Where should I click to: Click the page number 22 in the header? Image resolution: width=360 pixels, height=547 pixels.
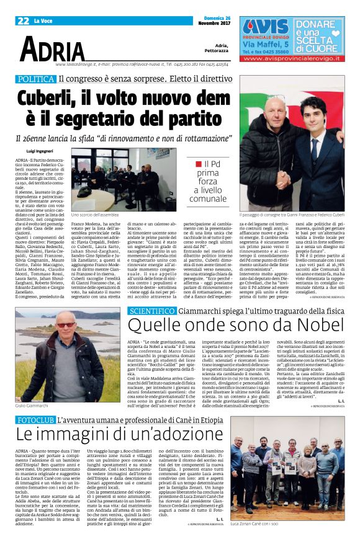tap(22, 20)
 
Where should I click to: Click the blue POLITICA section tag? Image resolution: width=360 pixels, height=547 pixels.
tap(35, 79)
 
